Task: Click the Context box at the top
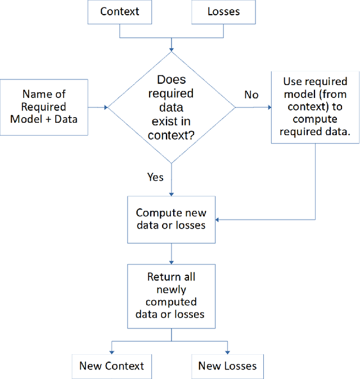pyautogui.click(x=120, y=11)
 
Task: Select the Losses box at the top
pyautogui.click(x=223, y=11)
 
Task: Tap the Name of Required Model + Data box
pyautogui.click(x=44, y=107)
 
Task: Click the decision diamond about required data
pyautogui.click(x=171, y=107)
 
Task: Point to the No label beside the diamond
pyautogui.click(x=251, y=95)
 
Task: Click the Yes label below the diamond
pyautogui.click(x=155, y=177)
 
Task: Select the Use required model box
pyautogui.click(x=315, y=106)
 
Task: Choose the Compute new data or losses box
pyautogui.click(x=171, y=220)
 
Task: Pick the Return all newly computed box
pyautogui.click(x=171, y=296)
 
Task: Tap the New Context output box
pyautogui.click(x=111, y=366)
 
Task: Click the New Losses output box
pyautogui.click(x=227, y=366)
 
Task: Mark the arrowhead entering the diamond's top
pyautogui.click(x=171, y=49)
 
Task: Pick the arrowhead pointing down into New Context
pyautogui.click(x=111, y=351)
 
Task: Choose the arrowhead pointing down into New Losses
pyautogui.click(x=227, y=351)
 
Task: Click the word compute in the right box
pyautogui.click(x=315, y=119)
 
